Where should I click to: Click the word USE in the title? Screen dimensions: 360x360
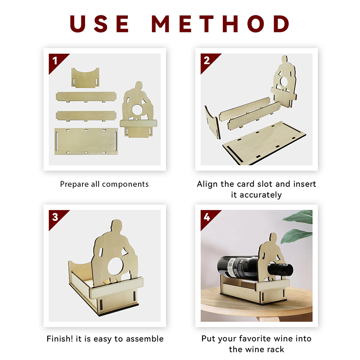click(99, 24)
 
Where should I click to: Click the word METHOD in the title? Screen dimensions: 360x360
click(220, 24)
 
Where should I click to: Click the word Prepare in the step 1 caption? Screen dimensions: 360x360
click(74, 184)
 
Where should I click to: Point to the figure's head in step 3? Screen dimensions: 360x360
click(117, 226)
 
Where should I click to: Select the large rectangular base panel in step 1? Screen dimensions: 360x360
click(86, 141)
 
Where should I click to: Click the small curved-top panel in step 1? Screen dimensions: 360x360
click(85, 78)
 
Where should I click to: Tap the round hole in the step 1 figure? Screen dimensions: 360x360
click(137, 109)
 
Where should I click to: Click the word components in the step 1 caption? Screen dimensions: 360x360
click(126, 184)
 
